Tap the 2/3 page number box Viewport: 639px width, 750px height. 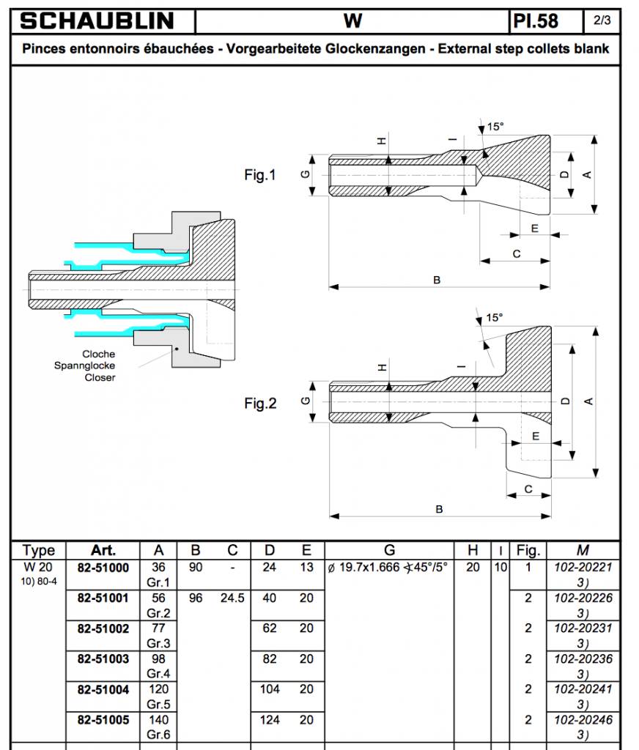point(602,21)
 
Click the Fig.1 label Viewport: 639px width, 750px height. point(260,175)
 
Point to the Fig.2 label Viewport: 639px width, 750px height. point(260,403)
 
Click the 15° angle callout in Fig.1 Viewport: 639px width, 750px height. point(495,127)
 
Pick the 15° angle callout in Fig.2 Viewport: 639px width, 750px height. point(495,318)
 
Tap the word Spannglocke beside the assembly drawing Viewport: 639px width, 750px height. point(84,365)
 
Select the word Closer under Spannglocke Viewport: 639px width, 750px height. point(100,377)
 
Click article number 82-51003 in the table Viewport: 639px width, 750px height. point(103,659)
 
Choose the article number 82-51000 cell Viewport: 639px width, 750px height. point(103,567)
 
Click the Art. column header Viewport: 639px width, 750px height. point(103,550)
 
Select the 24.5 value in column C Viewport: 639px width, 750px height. point(232,598)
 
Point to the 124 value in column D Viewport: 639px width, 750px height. point(270,720)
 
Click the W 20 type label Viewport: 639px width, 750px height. point(37,567)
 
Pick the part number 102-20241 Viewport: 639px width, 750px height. point(583,689)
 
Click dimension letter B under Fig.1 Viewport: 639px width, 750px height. point(437,281)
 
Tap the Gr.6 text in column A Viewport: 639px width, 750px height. point(158,735)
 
